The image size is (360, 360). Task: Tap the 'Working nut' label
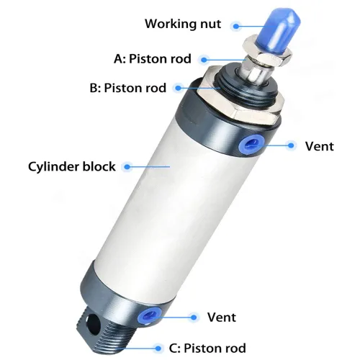tap(183, 24)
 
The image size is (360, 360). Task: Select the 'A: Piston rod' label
tap(153, 59)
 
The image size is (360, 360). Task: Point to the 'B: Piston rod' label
tap(127, 88)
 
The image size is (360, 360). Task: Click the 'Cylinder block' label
tap(72, 166)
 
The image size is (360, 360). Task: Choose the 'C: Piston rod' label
tap(207, 348)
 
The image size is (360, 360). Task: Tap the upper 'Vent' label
tap(319, 146)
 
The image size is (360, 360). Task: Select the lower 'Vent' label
tap(222, 318)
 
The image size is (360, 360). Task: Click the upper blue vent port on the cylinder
tap(251, 143)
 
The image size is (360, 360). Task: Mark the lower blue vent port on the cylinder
tap(149, 315)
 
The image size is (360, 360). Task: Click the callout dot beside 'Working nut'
tap(236, 26)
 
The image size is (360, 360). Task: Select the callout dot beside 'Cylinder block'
tap(127, 166)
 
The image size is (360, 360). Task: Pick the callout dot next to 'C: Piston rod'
tap(158, 348)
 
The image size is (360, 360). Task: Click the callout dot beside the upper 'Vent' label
tap(291, 145)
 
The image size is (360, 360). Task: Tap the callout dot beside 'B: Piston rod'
tap(178, 88)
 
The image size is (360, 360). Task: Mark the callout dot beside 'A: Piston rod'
tap(204, 59)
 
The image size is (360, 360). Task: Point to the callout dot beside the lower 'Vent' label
tap(194, 318)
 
